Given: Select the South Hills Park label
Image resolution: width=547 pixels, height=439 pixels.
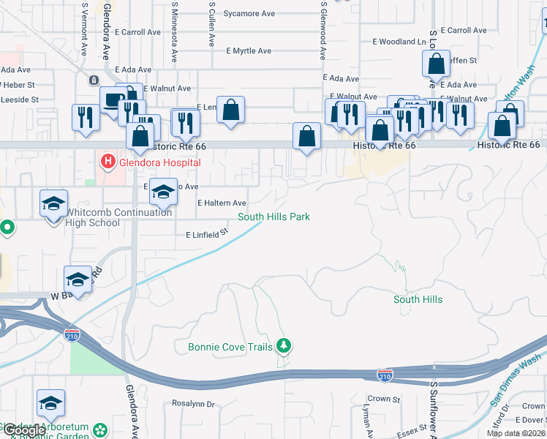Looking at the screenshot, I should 274,217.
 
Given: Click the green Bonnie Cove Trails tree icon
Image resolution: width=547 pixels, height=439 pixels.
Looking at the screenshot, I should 284,346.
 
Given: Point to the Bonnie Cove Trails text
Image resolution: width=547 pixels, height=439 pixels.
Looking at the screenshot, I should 230,346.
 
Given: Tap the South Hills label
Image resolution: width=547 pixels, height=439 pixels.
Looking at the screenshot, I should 418,299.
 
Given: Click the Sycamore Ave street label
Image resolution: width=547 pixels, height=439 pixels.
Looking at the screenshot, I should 249,13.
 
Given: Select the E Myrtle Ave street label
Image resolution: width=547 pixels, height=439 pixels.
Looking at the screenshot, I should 249,51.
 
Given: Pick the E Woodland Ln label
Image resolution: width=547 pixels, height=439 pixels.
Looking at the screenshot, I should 399,42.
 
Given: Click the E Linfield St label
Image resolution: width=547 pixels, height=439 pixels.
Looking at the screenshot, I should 207,235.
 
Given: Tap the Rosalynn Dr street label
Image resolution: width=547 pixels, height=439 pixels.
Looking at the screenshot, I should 193,403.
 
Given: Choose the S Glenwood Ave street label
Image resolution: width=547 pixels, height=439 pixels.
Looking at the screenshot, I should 322,29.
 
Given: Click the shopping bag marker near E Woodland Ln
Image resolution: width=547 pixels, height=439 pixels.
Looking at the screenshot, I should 436,64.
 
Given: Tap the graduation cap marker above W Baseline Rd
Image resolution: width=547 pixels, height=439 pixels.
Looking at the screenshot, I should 78,279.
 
